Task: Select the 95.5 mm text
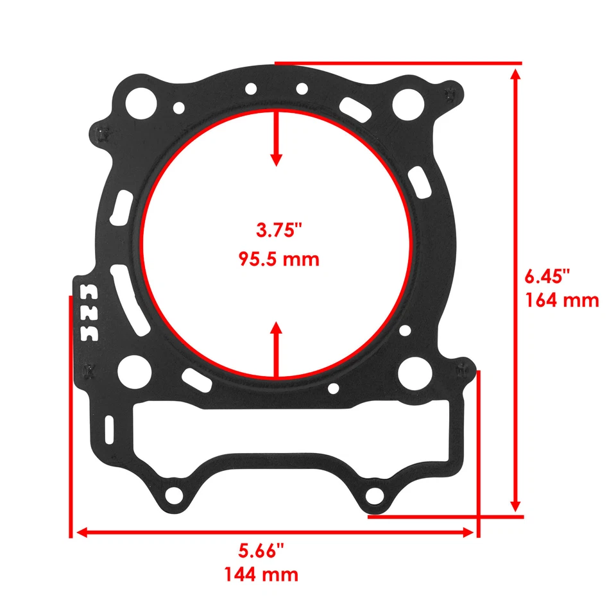click(278, 260)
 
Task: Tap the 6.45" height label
click(547, 277)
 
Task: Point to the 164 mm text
click(561, 300)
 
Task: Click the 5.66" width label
click(261, 551)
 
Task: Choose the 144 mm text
click(261, 574)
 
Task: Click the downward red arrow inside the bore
click(277, 138)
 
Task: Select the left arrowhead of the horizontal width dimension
click(81, 532)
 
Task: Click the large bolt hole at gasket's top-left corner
click(141, 101)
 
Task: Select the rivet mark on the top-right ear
click(453, 94)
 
